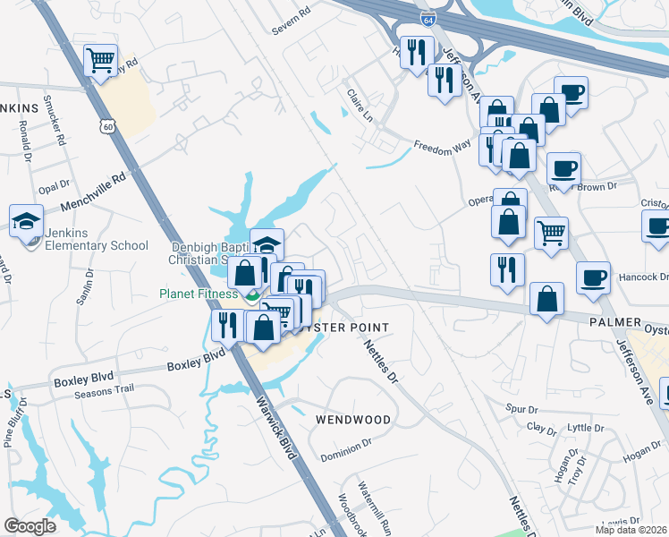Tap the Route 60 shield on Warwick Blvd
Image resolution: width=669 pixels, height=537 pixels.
click(x=107, y=127)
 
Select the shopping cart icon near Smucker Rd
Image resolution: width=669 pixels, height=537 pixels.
click(x=101, y=61)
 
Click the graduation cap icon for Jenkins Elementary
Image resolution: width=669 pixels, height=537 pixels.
click(x=26, y=220)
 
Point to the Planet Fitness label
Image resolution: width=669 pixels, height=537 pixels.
click(x=199, y=294)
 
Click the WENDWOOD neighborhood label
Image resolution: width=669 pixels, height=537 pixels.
click(x=353, y=420)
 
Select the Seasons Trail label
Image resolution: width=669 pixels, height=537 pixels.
click(x=105, y=388)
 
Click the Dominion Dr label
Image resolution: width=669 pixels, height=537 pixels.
click(x=346, y=445)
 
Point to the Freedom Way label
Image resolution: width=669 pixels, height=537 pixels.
click(x=442, y=146)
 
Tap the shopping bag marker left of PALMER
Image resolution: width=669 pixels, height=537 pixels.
click(x=546, y=299)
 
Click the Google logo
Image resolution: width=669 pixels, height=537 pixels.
click(x=30, y=526)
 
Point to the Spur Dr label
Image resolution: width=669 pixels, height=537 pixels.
click(x=521, y=409)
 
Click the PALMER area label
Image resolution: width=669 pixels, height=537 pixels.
click(x=615, y=320)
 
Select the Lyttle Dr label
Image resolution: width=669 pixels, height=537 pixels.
click(x=587, y=429)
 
